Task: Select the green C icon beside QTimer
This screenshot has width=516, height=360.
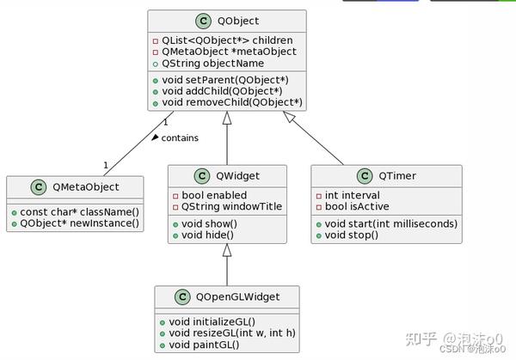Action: point(365,176)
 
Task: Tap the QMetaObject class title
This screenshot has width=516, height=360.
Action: point(85,186)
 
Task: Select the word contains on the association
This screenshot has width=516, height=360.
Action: point(180,137)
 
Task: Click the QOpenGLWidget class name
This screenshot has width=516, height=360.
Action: point(236,296)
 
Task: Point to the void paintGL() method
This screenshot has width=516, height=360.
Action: point(205,345)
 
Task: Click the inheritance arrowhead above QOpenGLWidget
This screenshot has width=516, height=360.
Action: point(227,251)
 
